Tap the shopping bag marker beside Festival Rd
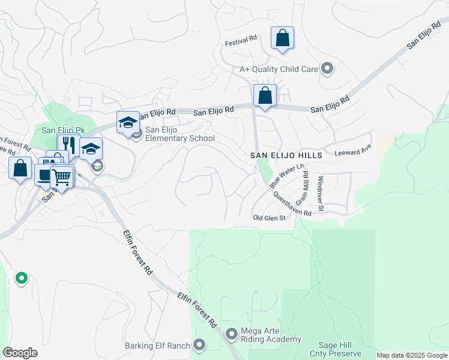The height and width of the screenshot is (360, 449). coord(282,39)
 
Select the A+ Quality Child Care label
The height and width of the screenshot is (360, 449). coord(279,69)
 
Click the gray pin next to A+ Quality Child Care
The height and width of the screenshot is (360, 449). coord(327,69)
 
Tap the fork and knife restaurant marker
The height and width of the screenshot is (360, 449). coord(68,146)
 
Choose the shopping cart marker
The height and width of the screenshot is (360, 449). coord(61,176)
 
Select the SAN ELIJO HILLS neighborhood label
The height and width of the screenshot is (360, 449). coord(286,155)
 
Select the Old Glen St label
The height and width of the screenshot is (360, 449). coord(268,218)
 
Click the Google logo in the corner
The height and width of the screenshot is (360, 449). coord(20,353)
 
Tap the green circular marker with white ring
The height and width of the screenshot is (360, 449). coord(21,278)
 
